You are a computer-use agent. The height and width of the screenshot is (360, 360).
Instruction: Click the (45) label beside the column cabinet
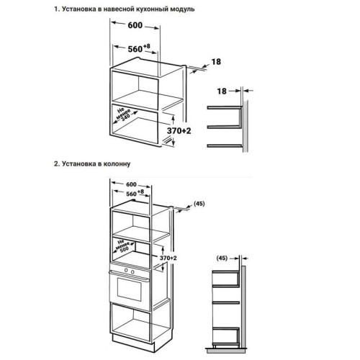[x=200, y=203]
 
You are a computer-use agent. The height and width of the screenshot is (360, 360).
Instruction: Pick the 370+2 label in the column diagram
[x=167, y=257]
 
